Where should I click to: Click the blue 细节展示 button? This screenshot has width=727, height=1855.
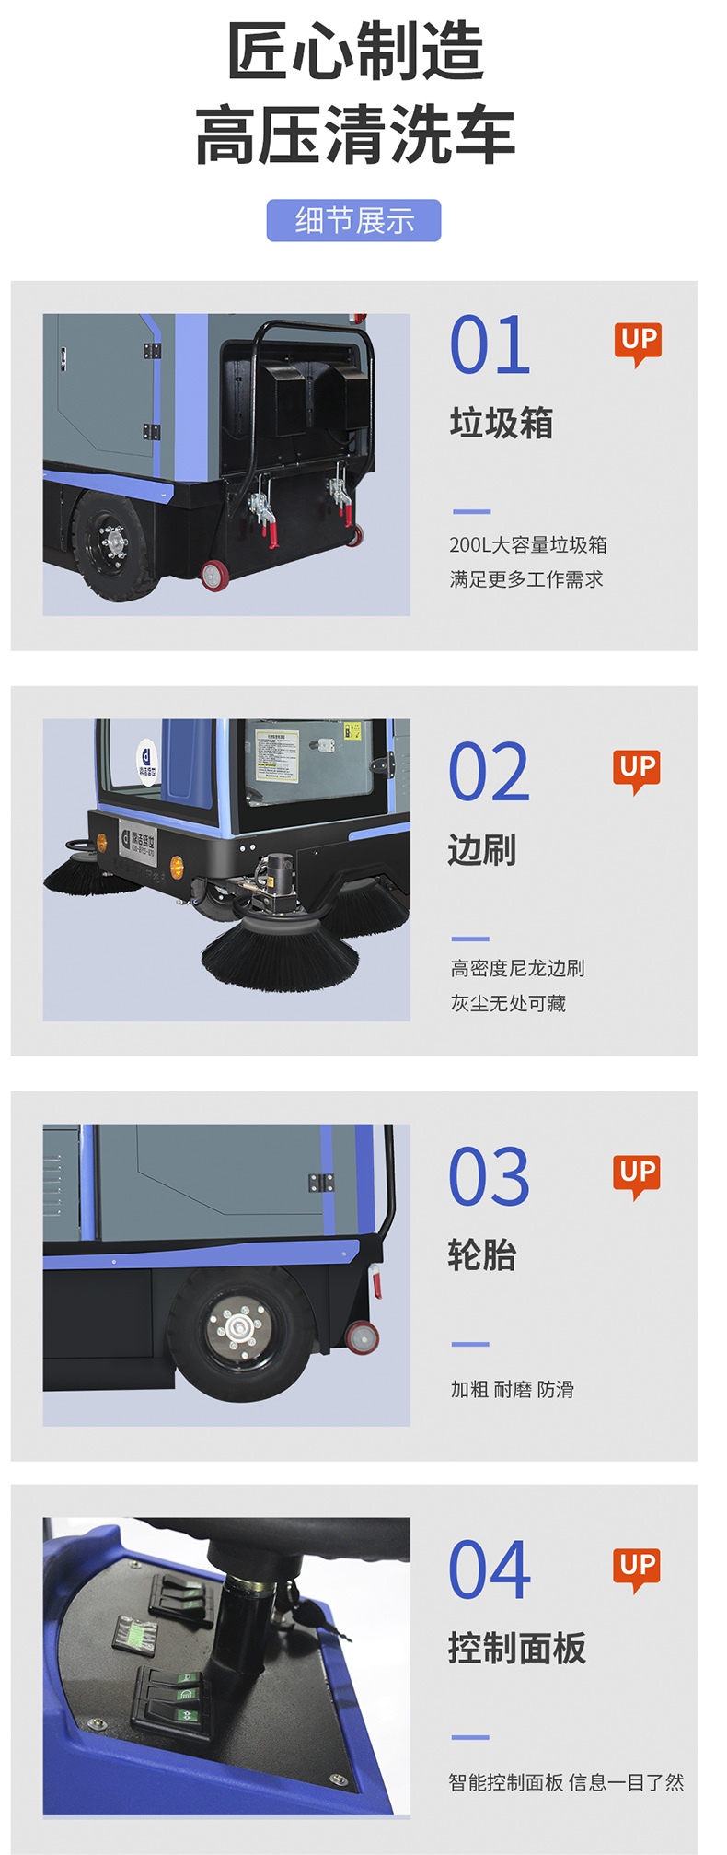click(353, 221)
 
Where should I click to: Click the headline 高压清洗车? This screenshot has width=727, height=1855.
click(354, 135)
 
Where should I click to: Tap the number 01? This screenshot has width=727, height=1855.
click(490, 345)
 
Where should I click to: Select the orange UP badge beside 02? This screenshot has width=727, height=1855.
click(637, 769)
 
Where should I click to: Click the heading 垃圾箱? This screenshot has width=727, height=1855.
click(501, 423)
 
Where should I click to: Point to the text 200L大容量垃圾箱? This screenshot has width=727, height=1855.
click(527, 544)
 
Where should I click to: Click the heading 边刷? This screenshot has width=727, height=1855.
click(481, 849)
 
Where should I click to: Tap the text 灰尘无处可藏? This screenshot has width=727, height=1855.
click(507, 1003)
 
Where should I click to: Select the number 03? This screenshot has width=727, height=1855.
click(489, 1177)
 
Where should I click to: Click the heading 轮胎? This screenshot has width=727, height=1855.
click(481, 1254)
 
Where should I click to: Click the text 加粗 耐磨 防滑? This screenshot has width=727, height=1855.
click(512, 1389)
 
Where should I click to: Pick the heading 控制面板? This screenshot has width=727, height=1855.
click(516, 1648)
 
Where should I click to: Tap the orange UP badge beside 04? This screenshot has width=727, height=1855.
click(637, 1568)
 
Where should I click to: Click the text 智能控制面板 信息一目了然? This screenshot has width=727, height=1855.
click(566, 1782)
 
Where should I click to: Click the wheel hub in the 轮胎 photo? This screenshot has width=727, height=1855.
click(238, 1327)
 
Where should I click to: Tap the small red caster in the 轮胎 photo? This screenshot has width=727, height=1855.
click(362, 1336)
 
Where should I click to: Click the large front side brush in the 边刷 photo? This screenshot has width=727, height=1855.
click(279, 949)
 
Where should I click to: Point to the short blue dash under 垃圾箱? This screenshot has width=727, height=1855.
click(471, 511)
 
